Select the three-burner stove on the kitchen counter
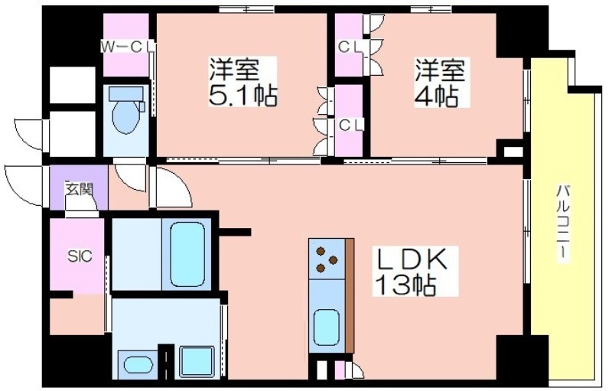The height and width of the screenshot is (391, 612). pos(327,259)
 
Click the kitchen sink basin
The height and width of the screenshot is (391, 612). pos(327,327)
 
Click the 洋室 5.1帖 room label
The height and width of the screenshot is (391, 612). pos(243,81)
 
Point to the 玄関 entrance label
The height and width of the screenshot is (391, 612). pos(80,190)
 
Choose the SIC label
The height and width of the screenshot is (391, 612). pos(80,256)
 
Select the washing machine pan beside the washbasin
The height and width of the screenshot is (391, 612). pos(197,362)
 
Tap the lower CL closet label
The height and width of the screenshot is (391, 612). pos(351,125)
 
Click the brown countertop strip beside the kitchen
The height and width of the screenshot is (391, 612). pos(350,295)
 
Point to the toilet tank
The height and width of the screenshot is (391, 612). pos(125,93)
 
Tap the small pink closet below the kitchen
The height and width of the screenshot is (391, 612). pos(339,370)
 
